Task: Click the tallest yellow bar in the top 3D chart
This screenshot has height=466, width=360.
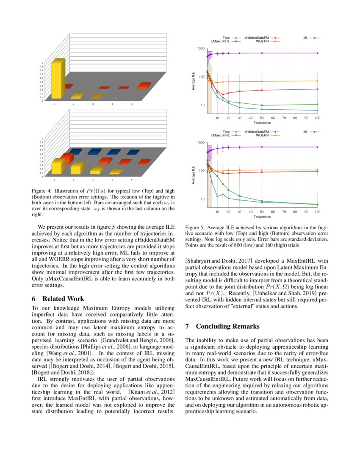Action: coord(57,80)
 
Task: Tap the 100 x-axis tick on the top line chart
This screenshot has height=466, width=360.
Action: coord(317,118)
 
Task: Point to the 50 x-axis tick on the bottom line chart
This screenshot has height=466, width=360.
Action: coord(262,211)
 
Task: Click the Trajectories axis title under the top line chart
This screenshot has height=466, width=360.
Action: coord(262,123)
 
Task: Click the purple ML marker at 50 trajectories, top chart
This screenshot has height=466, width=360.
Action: coord(262,53)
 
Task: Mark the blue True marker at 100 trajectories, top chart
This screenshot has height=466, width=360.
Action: coord(317,111)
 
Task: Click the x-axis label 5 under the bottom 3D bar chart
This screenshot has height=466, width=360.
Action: coord(131,179)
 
